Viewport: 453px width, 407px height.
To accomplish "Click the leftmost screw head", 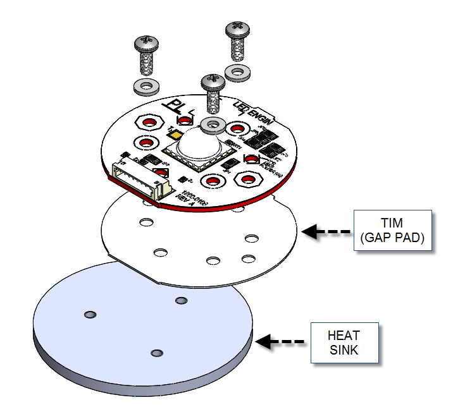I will (147, 44).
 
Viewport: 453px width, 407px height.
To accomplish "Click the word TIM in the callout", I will (393, 224).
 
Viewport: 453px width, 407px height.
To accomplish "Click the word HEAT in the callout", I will (344, 336).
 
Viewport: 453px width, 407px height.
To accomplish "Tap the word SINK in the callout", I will (344, 349).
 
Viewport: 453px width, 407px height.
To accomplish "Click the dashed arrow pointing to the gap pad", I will (325, 231).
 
